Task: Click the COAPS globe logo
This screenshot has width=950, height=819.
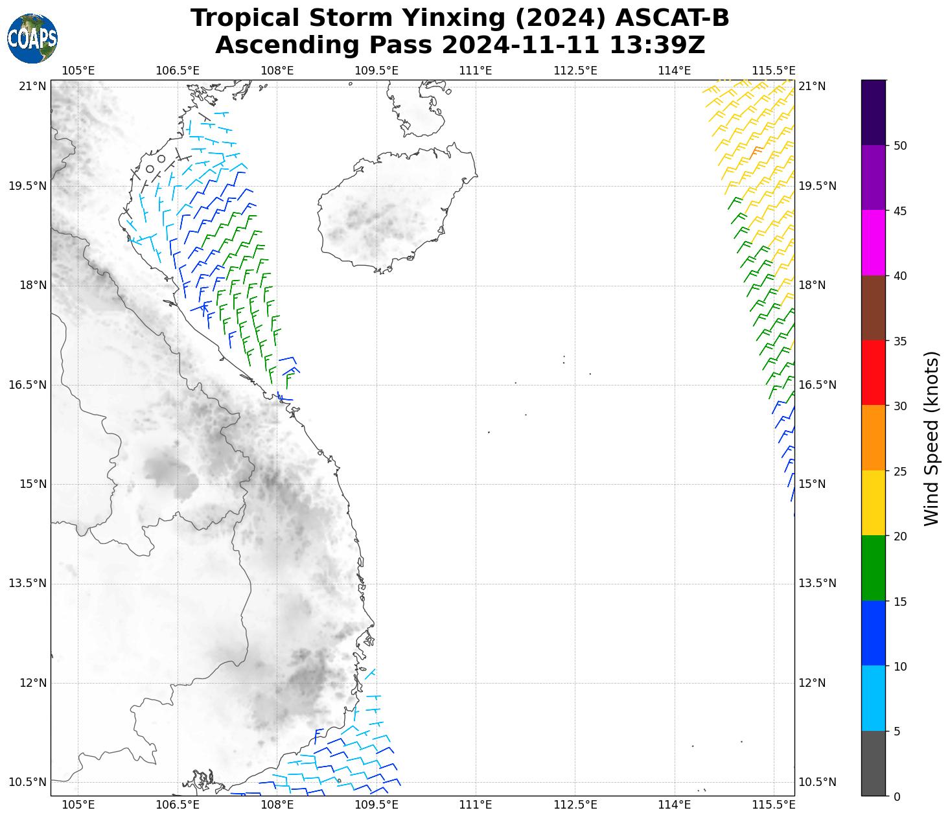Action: (x=32, y=38)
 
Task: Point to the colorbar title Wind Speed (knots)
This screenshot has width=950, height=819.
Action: (x=931, y=438)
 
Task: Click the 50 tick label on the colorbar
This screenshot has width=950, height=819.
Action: (x=899, y=146)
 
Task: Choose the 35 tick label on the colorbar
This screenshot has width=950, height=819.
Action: (x=899, y=341)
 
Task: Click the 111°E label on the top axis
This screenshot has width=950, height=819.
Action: (x=476, y=71)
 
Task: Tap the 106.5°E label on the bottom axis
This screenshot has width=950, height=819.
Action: (x=178, y=805)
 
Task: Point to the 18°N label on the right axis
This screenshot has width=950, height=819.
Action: (x=812, y=285)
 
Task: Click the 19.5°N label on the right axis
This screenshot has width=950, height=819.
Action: (x=817, y=186)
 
